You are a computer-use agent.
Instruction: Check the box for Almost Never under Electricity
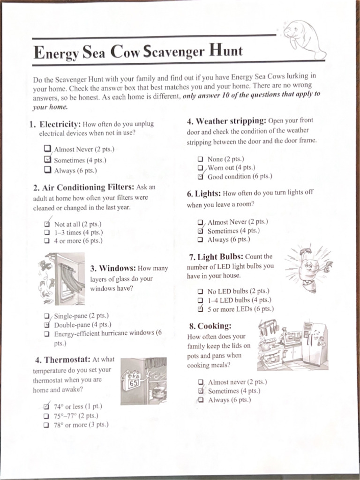(x=47, y=149)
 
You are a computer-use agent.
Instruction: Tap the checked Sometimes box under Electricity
(x=47, y=160)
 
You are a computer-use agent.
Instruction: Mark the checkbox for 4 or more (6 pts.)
(x=47, y=241)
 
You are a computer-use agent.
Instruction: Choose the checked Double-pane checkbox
(x=47, y=324)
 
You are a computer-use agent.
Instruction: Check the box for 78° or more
(x=46, y=425)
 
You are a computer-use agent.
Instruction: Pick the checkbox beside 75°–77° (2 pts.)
(x=46, y=416)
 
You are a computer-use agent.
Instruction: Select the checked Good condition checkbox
(x=200, y=177)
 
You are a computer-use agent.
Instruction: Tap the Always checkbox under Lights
(x=200, y=240)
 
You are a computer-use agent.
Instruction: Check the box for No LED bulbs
(x=200, y=291)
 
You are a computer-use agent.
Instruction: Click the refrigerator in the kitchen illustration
(x=314, y=343)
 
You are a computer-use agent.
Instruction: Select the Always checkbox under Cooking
(x=201, y=400)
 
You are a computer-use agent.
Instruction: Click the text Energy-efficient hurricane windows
(x=104, y=333)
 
